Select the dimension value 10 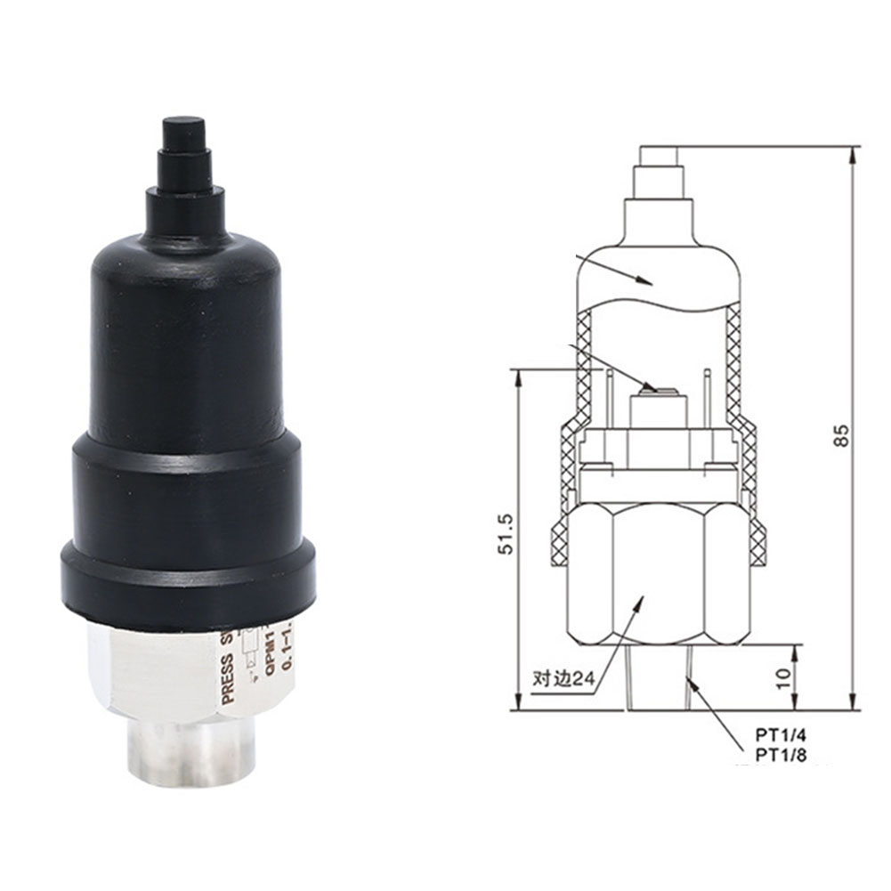point(783,679)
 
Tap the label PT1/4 point(774,736)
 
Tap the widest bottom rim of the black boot point(188,587)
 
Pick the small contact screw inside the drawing point(652,387)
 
